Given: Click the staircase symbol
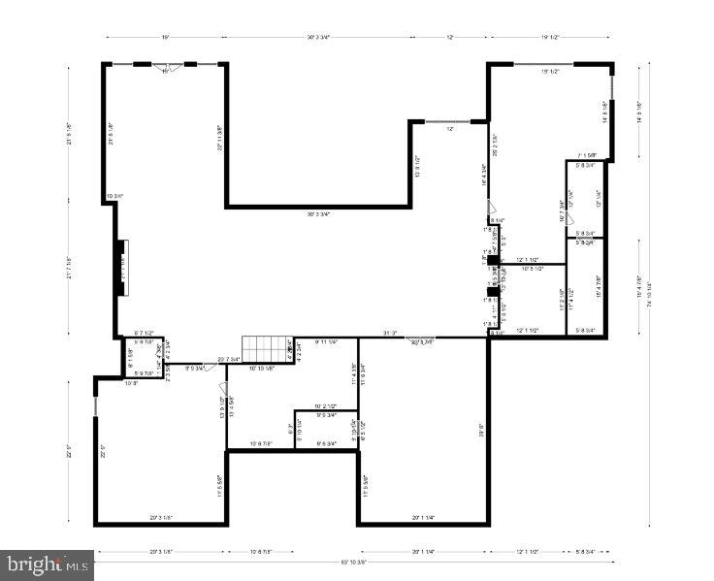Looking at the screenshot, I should coord(268,347).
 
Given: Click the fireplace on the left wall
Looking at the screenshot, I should coord(121,267).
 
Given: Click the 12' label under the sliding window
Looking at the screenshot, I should coord(450,129).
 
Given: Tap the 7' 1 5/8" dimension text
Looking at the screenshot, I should coord(586,155).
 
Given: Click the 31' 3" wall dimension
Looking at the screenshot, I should coord(390,333).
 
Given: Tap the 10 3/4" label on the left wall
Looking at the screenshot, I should coord(114,197).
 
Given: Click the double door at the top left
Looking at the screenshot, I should coord(166,68).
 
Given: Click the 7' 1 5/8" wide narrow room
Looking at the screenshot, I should coord(586,199).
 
